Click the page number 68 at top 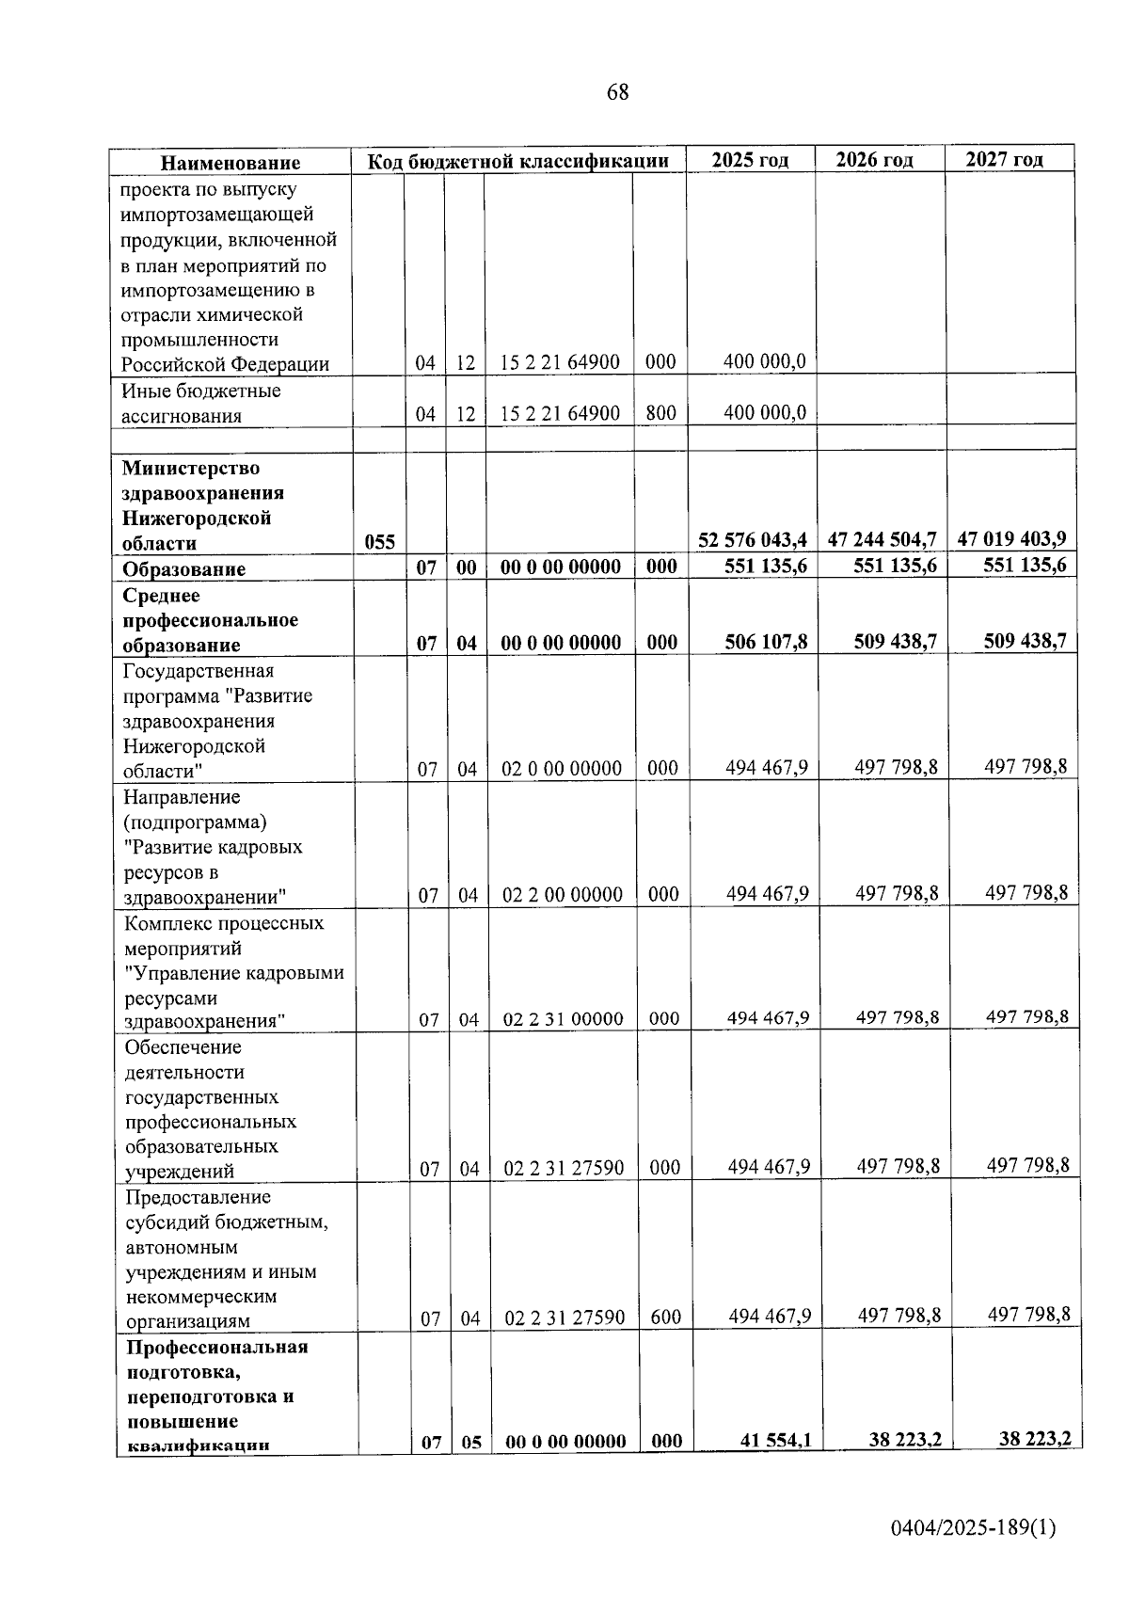(617, 92)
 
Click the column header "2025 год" (750, 159)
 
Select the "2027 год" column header (1005, 159)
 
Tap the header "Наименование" (231, 163)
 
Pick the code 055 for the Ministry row (379, 542)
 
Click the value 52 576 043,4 (753, 539)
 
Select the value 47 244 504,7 (882, 539)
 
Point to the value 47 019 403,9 (1011, 539)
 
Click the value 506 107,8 (766, 642)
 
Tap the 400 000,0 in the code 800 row (765, 412)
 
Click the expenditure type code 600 (665, 1317)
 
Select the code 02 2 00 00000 (562, 894)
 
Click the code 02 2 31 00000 (563, 1018)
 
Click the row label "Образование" (183, 568)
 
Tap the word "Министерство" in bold (191, 468)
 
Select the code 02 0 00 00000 (561, 769)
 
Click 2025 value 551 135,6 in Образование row (766, 566)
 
